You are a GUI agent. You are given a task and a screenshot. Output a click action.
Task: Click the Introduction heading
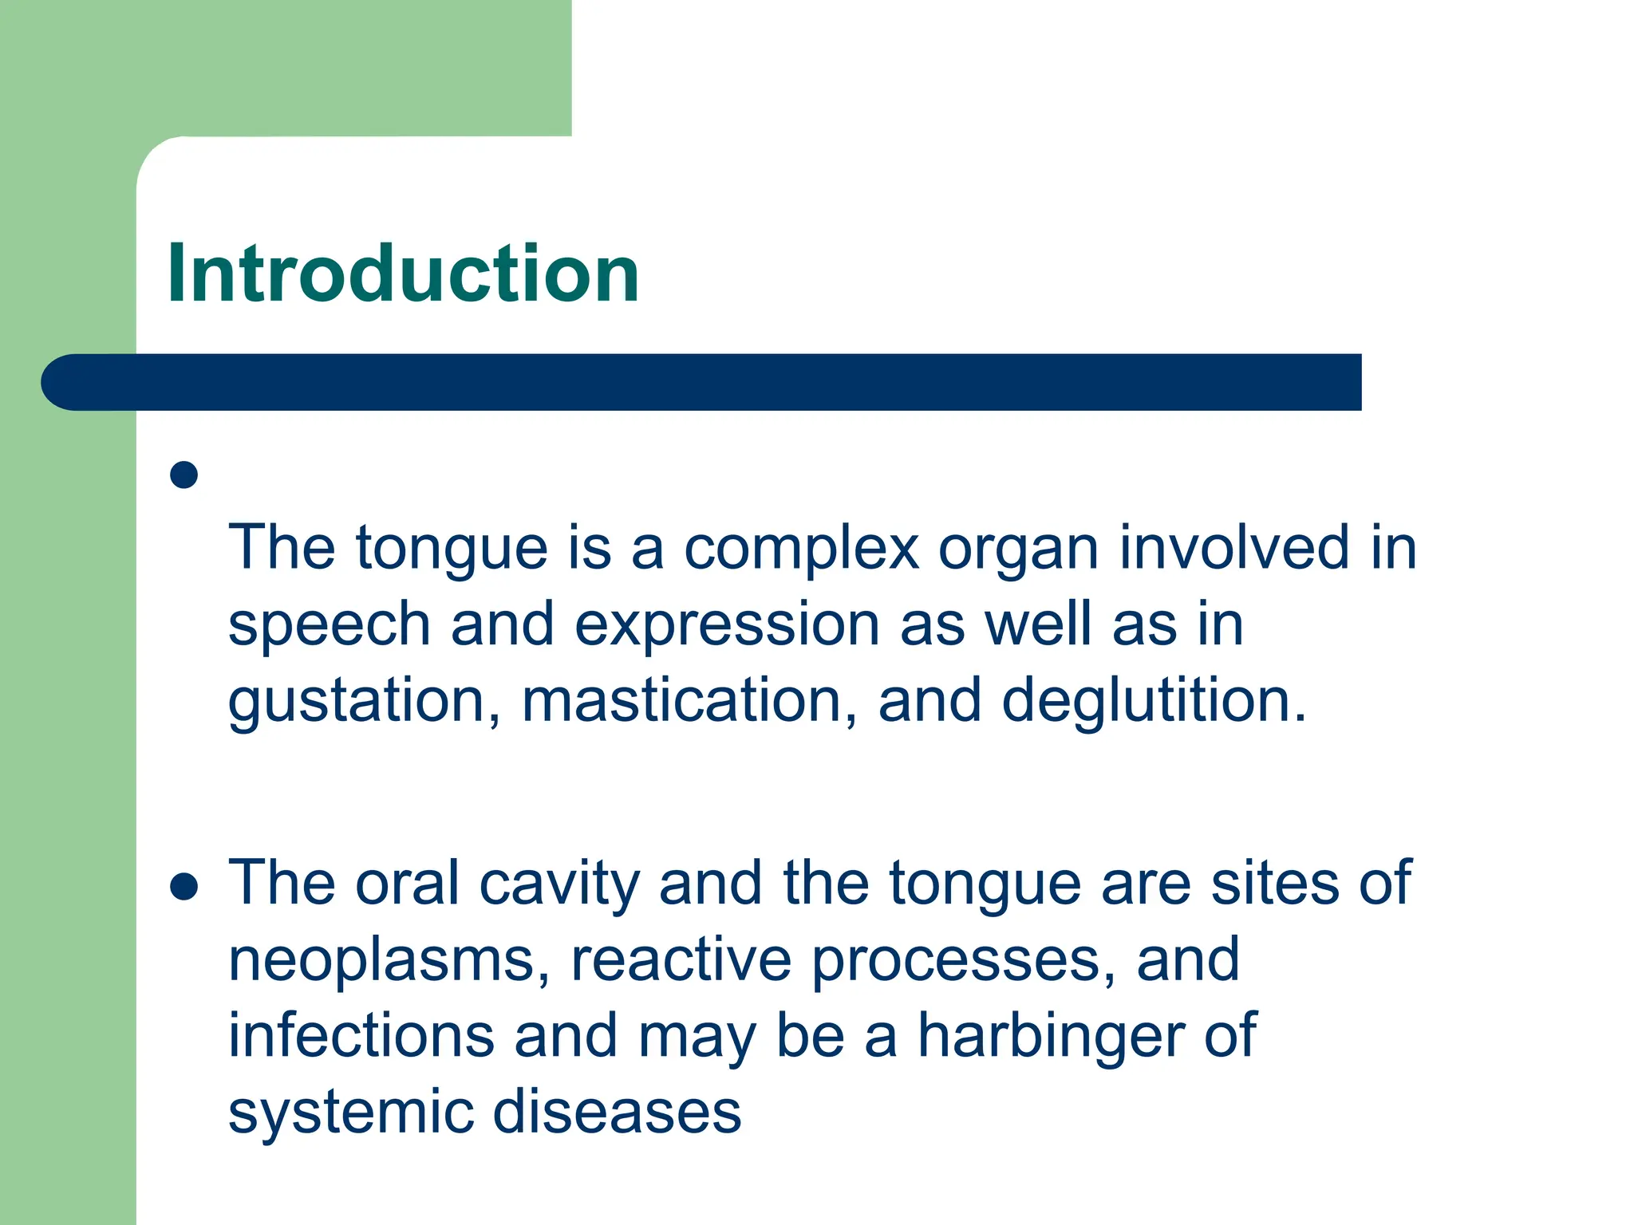(403, 274)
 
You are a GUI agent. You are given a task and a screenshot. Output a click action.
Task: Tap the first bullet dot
(184, 475)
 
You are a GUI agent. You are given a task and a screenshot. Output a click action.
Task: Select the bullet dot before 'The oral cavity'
(184, 887)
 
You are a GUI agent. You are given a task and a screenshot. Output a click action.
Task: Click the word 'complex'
(801, 549)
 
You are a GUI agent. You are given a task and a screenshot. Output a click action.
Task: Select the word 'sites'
(1274, 884)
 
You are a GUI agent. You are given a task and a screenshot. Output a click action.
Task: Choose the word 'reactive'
(681, 959)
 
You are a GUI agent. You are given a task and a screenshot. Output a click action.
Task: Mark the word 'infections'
(361, 1036)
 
